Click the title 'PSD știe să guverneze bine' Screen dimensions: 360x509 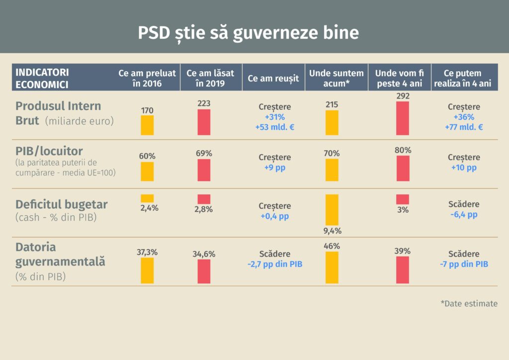pos(248,32)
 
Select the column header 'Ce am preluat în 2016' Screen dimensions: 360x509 pos(147,78)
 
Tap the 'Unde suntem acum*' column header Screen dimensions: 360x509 pos(337,78)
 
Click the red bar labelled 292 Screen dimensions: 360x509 pos(403,118)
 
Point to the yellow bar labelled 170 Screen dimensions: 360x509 pos(147,125)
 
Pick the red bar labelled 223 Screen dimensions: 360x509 pos(204,122)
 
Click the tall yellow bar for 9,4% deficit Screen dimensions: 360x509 pos(332,209)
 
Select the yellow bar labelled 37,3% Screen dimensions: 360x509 pos(147,270)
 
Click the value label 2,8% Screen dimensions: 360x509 pos(204,209)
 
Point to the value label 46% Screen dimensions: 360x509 pos(332,246)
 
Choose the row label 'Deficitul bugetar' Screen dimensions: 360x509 pos(62,205)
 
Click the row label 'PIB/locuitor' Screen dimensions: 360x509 pos(49,151)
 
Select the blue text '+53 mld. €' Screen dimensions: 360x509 pos(275,127)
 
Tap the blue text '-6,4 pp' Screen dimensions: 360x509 pos(464,214)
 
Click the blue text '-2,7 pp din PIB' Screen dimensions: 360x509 pos(275,265)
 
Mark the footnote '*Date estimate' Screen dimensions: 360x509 pos(469,303)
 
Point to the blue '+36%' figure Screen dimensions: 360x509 pos(464,117)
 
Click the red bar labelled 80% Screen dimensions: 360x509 pos(403,168)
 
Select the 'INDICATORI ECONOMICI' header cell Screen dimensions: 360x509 pos(42,78)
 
